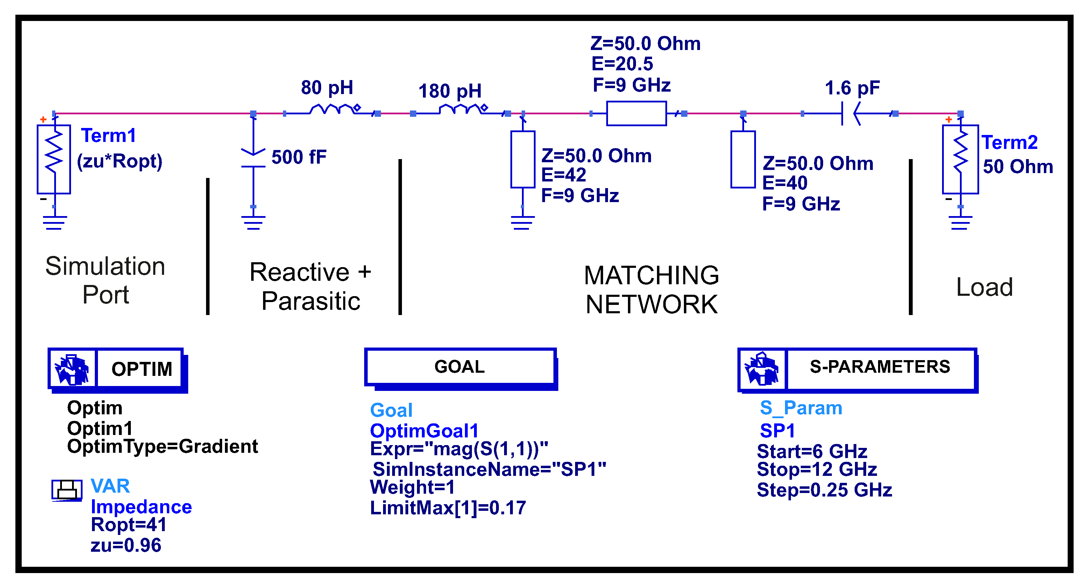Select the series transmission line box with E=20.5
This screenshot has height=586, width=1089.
click(x=636, y=113)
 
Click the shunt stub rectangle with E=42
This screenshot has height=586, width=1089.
click(x=523, y=159)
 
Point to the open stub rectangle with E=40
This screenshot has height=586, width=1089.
click(x=743, y=159)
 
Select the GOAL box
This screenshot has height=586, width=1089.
click(x=460, y=367)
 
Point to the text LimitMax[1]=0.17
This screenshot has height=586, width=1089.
click(x=448, y=508)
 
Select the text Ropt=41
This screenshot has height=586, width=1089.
click(x=128, y=525)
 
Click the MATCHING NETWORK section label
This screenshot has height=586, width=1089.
click(x=651, y=290)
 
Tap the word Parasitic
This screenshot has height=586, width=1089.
click(x=311, y=301)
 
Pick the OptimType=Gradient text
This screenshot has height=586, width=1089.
click(x=162, y=446)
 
